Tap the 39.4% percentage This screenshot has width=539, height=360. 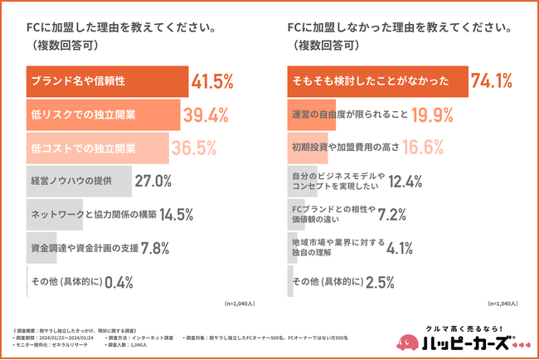tap(208, 114)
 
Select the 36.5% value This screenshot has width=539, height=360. tap(194, 148)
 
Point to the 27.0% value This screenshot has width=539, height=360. tap(153, 181)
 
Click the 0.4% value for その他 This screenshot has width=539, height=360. tap(119, 281)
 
